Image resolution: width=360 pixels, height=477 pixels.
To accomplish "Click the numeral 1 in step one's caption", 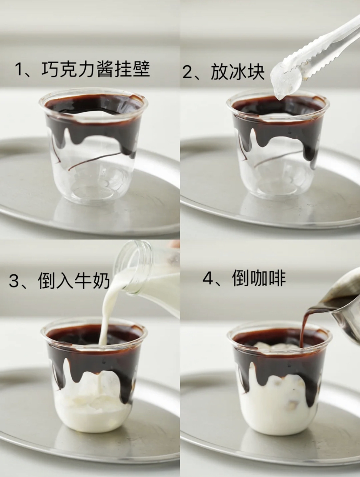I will pos(20,70).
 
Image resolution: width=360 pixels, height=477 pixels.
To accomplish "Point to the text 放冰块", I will pos(238,72).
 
